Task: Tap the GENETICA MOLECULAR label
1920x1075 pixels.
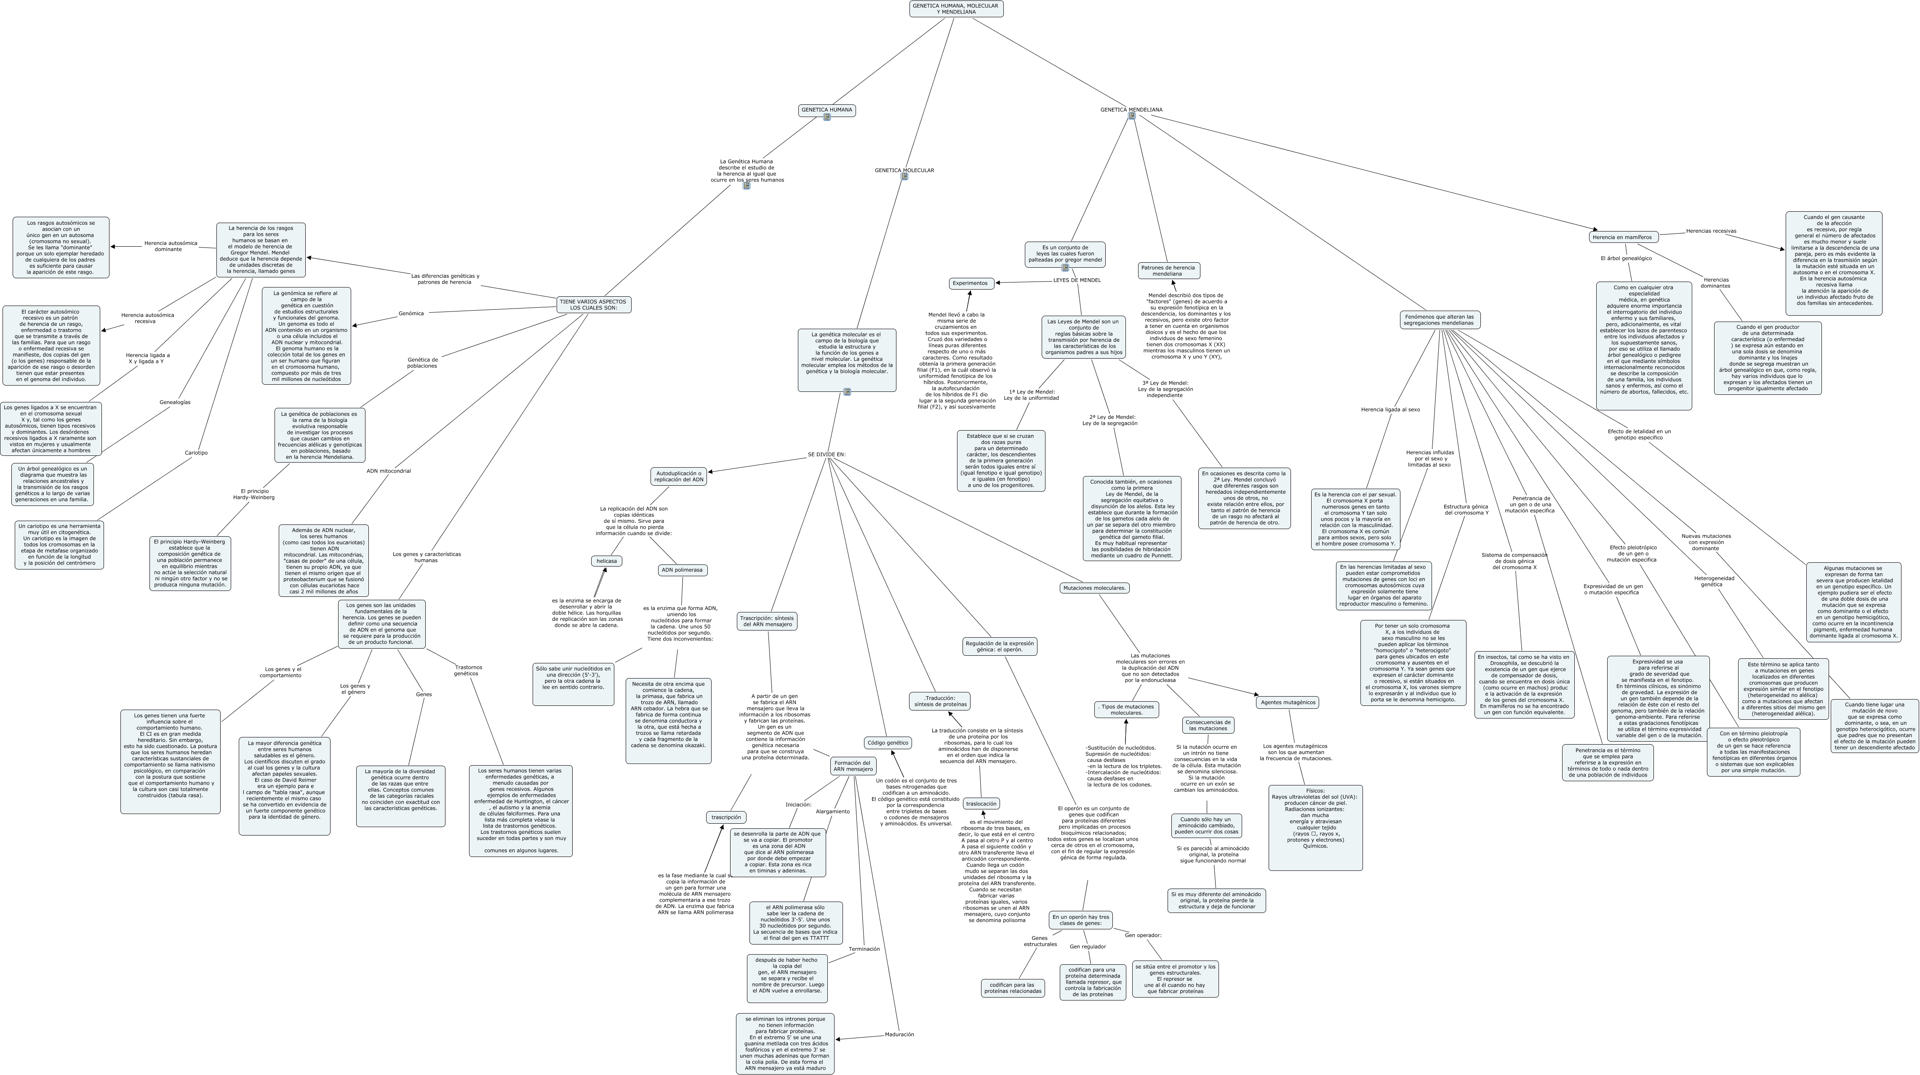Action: point(904,170)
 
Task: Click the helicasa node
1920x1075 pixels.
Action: point(606,561)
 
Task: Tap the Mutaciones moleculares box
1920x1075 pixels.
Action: point(1094,588)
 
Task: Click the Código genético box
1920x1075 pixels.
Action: point(888,743)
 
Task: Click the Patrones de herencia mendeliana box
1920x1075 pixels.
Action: point(1169,270)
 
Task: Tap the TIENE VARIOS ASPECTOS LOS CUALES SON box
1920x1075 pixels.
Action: point(593,305)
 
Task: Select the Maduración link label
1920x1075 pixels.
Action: point(899,1035)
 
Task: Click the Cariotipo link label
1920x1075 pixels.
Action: point(196,453)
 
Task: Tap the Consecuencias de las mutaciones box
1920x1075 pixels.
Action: point(1208,725)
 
